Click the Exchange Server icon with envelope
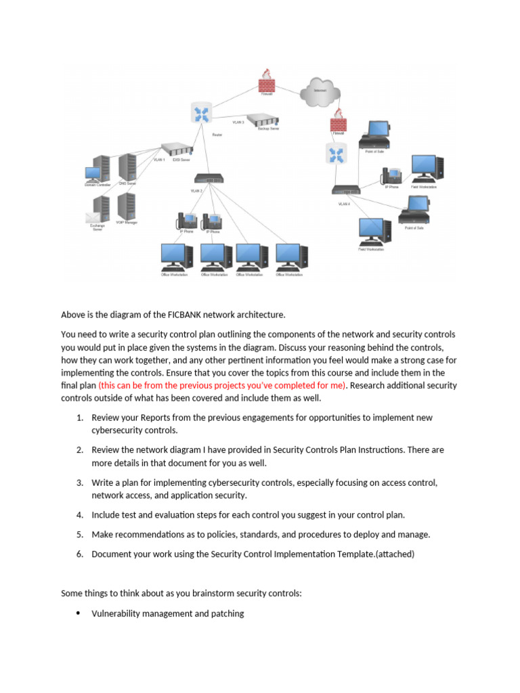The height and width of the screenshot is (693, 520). (99, 209)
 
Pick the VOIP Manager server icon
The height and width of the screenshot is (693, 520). (127, 206)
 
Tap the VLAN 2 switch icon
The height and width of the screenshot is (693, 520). (209, 179)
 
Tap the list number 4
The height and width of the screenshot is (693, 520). (79, 515)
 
